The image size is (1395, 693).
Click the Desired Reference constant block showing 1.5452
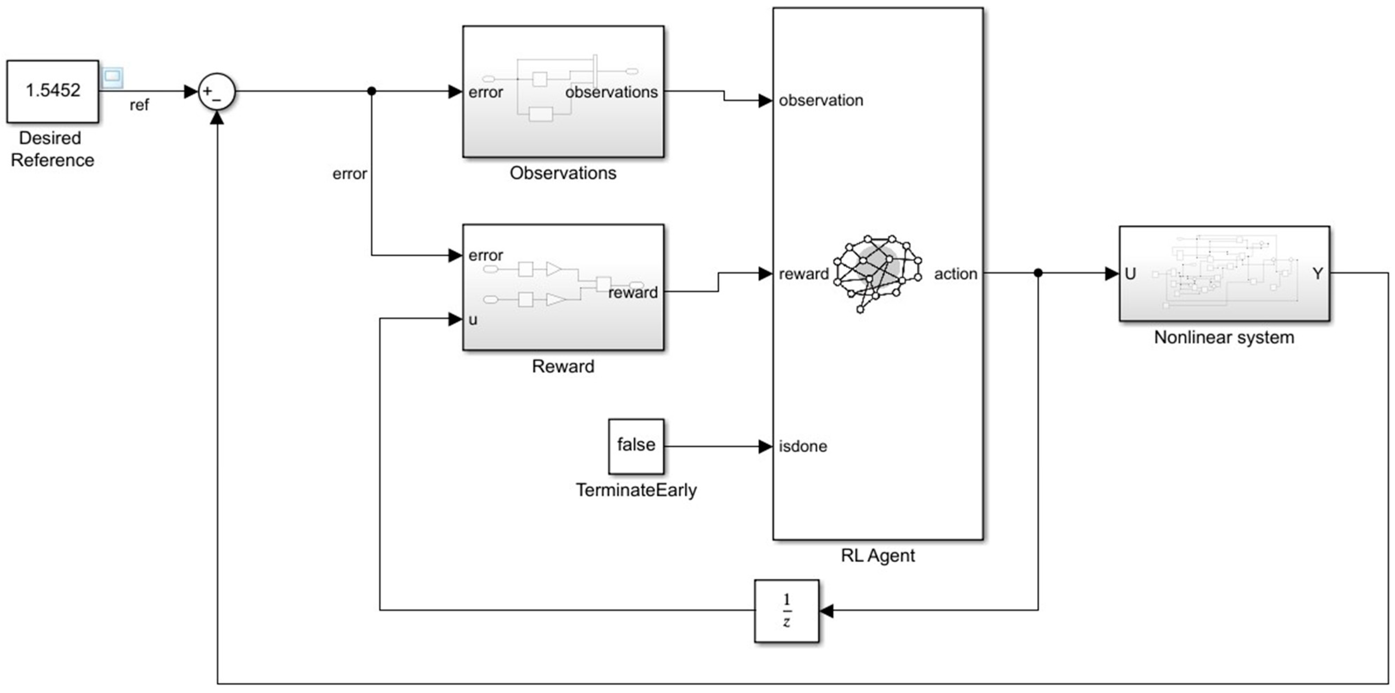[52, 91]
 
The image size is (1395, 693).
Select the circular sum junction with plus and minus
[216, 92]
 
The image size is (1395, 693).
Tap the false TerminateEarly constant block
[636, 446]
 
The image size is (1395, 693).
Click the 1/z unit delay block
[786, 611]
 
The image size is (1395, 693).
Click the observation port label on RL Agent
[820, 100]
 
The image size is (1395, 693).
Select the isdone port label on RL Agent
[803, 446]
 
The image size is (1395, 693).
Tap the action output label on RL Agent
[955, 274]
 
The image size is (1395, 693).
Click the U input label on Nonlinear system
[1130, 274]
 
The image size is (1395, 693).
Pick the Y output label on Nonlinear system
[1318, 274]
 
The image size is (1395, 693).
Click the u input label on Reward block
[473, 320]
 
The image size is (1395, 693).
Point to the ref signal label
[139, 105]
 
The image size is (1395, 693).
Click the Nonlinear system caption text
[1224, 337]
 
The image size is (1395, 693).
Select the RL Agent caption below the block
[877, 555]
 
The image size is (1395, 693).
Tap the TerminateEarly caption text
[636, 490]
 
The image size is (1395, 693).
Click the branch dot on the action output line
[1037, 273]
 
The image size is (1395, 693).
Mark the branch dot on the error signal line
[371, 91]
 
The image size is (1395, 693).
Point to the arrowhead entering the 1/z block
[826, 611]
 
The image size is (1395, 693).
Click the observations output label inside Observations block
[612, 93]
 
